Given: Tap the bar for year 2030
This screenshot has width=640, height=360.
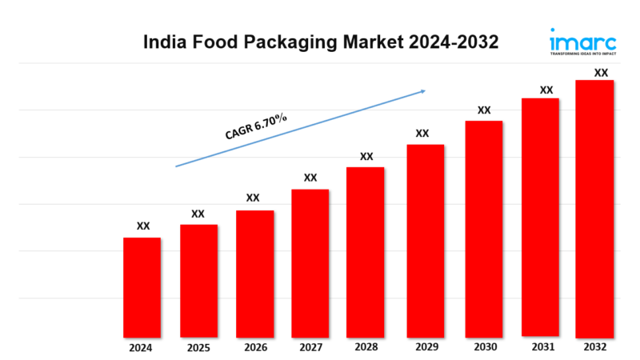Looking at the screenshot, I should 483,228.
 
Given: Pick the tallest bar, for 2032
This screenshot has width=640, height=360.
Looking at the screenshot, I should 594,208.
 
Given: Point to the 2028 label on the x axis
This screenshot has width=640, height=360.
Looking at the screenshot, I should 366,349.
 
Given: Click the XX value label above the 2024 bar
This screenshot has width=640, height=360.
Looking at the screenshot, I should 142,226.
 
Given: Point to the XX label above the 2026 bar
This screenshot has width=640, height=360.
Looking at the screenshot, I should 253,198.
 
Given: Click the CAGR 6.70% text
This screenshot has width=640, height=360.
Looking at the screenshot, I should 255,127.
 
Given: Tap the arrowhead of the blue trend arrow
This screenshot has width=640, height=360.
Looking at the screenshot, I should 422,91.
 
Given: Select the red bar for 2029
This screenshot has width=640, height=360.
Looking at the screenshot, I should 425,240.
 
